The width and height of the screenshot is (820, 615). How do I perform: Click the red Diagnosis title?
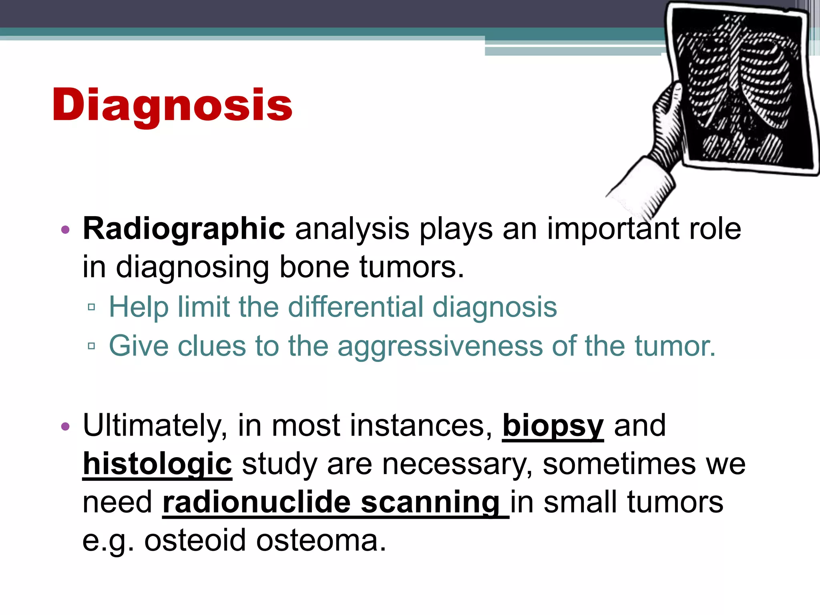point(172,105)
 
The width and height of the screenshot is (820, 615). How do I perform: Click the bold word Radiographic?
point(184,229)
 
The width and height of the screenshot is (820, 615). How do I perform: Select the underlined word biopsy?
point(553,426)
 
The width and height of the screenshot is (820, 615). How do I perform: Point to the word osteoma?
point(320,541)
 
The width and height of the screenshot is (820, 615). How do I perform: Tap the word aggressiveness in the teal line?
point(440,346)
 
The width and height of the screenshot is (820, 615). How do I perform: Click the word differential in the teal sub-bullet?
point(356,307)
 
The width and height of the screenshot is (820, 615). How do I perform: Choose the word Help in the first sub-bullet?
point(139,307)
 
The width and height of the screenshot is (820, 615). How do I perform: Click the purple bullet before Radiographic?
point(66,230)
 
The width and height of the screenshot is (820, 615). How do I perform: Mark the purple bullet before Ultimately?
point(66,426)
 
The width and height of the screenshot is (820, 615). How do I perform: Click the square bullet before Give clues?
point(91,346)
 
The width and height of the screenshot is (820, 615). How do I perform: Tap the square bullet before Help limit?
point(91,307)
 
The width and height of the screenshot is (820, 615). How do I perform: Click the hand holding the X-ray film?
point(667,120)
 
